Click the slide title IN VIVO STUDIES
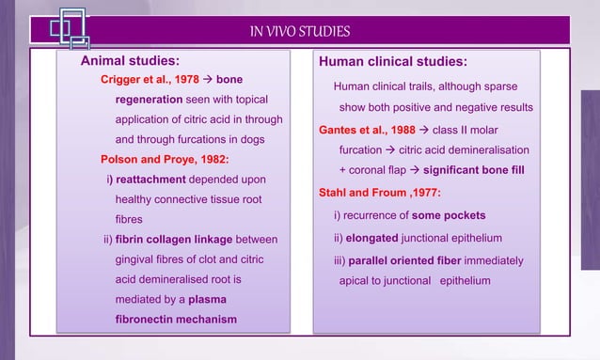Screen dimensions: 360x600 pos(300,32)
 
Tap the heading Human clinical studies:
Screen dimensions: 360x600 pos(393,62)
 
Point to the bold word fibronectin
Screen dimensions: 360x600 pos(149,319)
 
